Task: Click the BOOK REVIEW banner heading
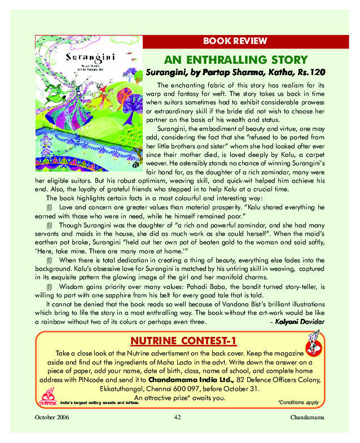point(235,41)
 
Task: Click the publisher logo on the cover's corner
point(134,165)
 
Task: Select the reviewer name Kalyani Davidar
point(300,322)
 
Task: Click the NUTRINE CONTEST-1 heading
point(183,341)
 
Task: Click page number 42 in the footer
point(177,417)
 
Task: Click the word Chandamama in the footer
point(307,417)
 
